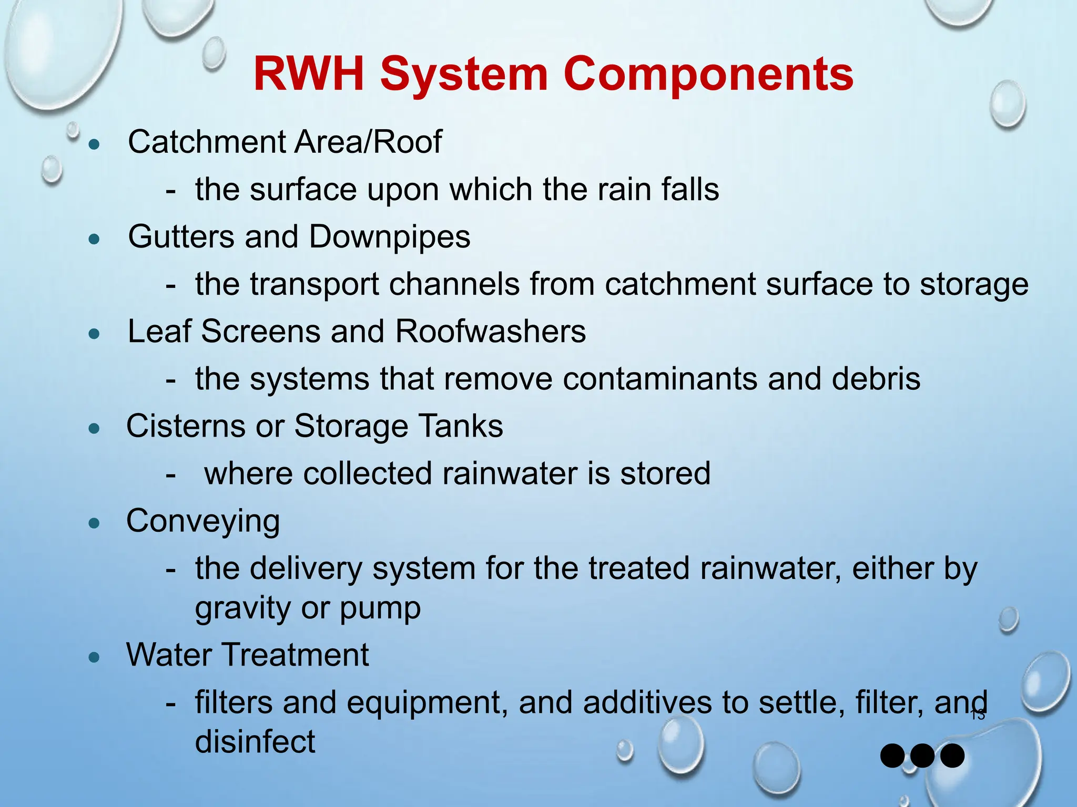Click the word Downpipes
click(389, 237)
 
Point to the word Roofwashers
click(490, 332)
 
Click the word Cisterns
click(186, 426)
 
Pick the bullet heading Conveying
click(203, 521)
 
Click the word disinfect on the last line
click(255, 741)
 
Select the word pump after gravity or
click(380, 608)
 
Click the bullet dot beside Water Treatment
click(95, 657)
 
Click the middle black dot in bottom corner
click(922, 756)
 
